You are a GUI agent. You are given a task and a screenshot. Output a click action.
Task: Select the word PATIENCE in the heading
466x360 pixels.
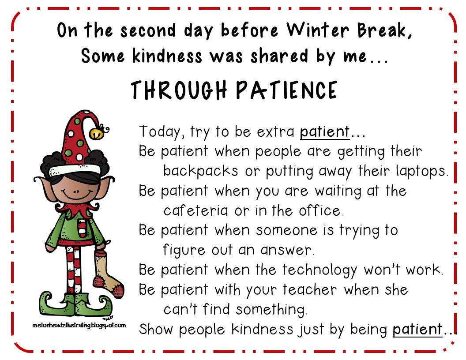(287, 90)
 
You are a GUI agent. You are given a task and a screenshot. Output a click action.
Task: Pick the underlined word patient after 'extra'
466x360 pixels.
(325, 131)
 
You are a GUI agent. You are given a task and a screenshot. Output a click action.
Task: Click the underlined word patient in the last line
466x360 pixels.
(417, 329)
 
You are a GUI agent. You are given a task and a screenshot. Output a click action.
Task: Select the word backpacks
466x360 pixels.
(201, 171)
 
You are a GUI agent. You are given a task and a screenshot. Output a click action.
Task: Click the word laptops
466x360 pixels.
(419, 171)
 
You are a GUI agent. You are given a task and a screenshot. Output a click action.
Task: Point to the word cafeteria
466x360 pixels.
(196, 210)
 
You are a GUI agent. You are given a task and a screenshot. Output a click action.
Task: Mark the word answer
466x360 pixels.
(287, 250)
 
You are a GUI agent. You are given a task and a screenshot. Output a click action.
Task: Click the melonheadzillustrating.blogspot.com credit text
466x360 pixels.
(79, 325)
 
